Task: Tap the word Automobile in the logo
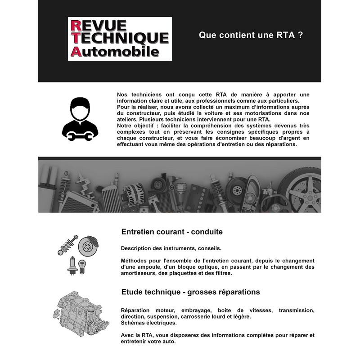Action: [115, 51]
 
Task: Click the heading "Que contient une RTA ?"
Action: [251, 35]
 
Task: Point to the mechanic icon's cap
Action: [80, 103]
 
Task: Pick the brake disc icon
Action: [88, 246]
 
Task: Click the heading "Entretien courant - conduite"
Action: [172, 232]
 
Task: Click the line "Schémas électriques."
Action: [149, 323]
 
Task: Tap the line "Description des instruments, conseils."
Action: [171, 248]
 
